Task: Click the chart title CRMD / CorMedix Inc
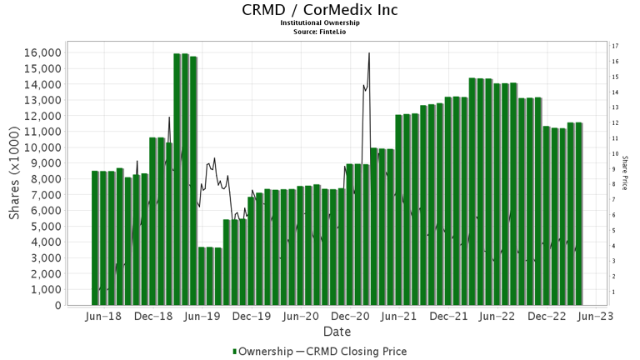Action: [x=320, y=10]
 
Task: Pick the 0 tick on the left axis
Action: [x=57, y=306]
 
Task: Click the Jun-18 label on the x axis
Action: [x=104, y=317]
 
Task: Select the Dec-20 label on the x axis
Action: [x=350, y=317]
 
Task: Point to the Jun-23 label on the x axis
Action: [x=596, y=317]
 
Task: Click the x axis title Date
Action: [x=336, y=332]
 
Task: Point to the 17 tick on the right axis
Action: [x=614, y=46]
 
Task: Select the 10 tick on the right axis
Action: [x=614, y=154]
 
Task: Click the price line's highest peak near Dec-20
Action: [x=368, y=53]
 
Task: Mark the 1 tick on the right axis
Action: [x=614, y=292]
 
